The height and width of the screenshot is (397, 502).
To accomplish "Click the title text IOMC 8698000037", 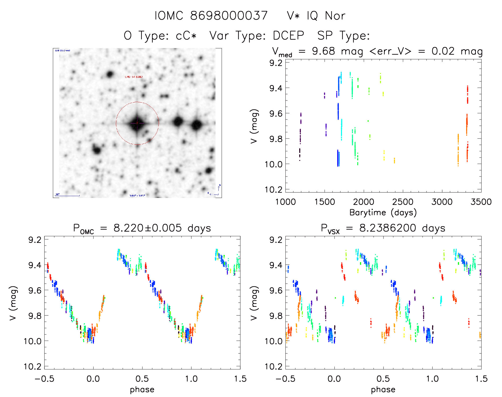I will pos(211,16).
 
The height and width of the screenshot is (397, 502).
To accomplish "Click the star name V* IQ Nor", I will pos(316,16).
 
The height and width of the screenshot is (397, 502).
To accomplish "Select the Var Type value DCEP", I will pos(288,36).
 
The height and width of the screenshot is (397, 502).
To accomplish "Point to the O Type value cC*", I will pos(186,36).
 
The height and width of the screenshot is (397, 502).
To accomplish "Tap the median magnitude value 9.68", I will pos(323,51).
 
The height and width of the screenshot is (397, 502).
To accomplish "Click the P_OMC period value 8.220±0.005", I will pos(147,228).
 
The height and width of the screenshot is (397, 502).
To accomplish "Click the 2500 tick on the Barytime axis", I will pos(403,202).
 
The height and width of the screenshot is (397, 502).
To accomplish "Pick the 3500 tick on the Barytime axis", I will pos(481,202).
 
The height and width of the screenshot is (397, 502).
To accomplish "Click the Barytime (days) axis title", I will pos(383,212).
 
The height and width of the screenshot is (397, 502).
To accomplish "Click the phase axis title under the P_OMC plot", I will pos(142,390).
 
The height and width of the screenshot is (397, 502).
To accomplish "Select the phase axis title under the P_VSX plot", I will pos(383,390).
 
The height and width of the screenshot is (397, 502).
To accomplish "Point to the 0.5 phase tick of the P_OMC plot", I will pos(142,379).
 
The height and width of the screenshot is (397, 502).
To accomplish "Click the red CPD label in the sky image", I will pos(134,77).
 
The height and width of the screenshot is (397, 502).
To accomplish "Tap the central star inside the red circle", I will pos(137,123).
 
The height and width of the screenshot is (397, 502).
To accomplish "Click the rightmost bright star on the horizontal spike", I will pos(197,125).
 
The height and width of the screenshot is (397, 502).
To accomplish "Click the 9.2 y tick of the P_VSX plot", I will pos(276,240).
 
